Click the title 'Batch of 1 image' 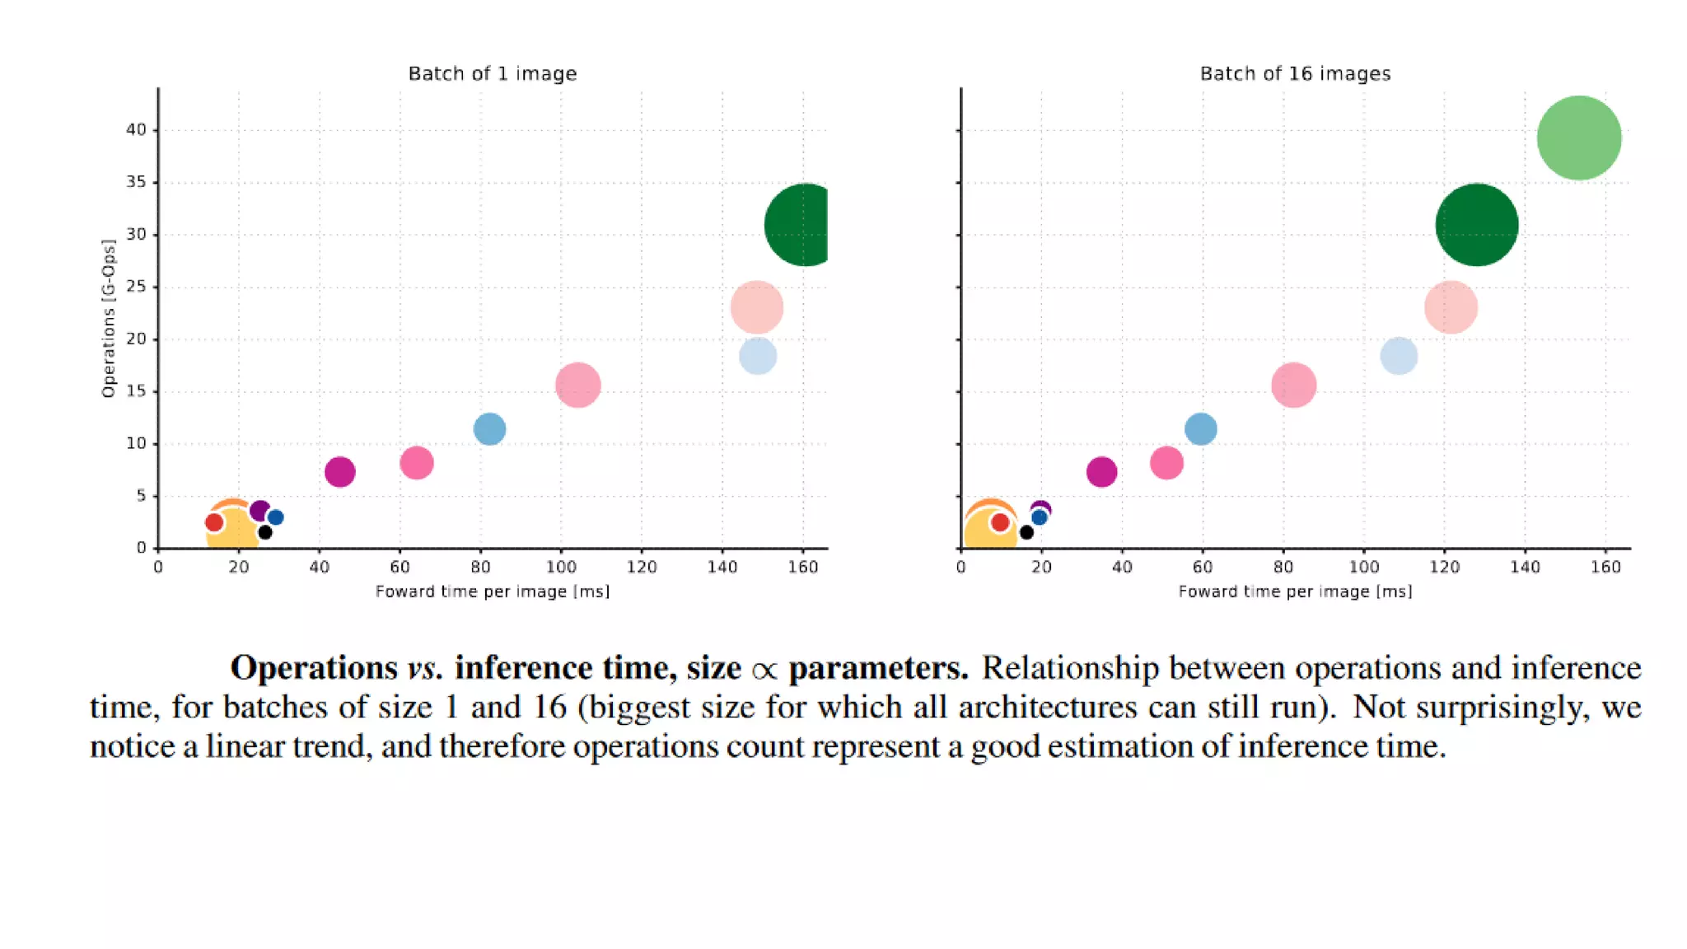(493, 74)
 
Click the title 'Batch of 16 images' (1295, 74)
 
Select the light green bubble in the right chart (1578, 138)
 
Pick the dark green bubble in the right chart (1476, 225)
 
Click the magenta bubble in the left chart (339, 472)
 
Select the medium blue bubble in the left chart (489, 429)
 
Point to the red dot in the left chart (214, 522)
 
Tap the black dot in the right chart (1026, 532)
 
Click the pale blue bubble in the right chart (1399, 356)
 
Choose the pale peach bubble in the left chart (756, 307)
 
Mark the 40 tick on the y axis (136, 129)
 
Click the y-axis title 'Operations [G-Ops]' (109, 318)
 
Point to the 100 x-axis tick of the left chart (561, 567)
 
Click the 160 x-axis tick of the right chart (1605, 567)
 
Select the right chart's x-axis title (1295, 591)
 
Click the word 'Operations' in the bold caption (314, 667)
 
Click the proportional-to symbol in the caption (764, 670)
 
